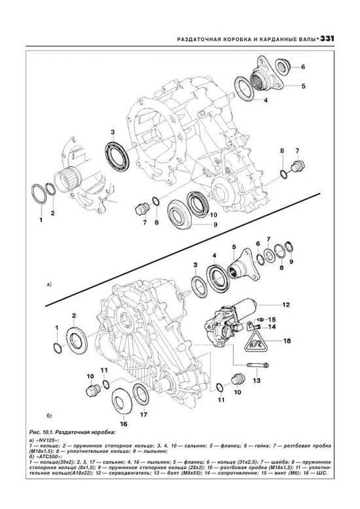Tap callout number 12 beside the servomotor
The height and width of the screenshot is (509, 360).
tap(286, 305)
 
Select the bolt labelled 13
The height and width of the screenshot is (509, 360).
tap(258, 365)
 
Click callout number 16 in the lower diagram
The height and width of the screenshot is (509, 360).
tap(124, 424)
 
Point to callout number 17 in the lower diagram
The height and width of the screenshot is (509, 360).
tap(144, 415)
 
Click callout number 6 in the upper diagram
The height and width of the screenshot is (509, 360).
tap(303, 67)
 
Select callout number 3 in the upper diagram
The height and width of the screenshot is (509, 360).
tap(113, 132)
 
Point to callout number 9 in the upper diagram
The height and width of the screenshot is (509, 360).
tap(215, 225)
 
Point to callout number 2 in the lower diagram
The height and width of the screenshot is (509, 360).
tap(74, 315)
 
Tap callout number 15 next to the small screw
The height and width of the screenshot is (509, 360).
tap(271, 320)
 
